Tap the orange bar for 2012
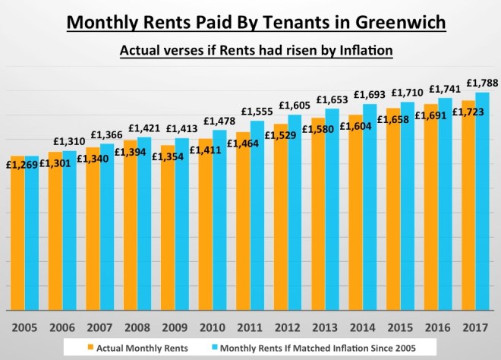coord(280,220)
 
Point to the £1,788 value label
coord(482,83)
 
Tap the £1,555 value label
coord(257,112)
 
